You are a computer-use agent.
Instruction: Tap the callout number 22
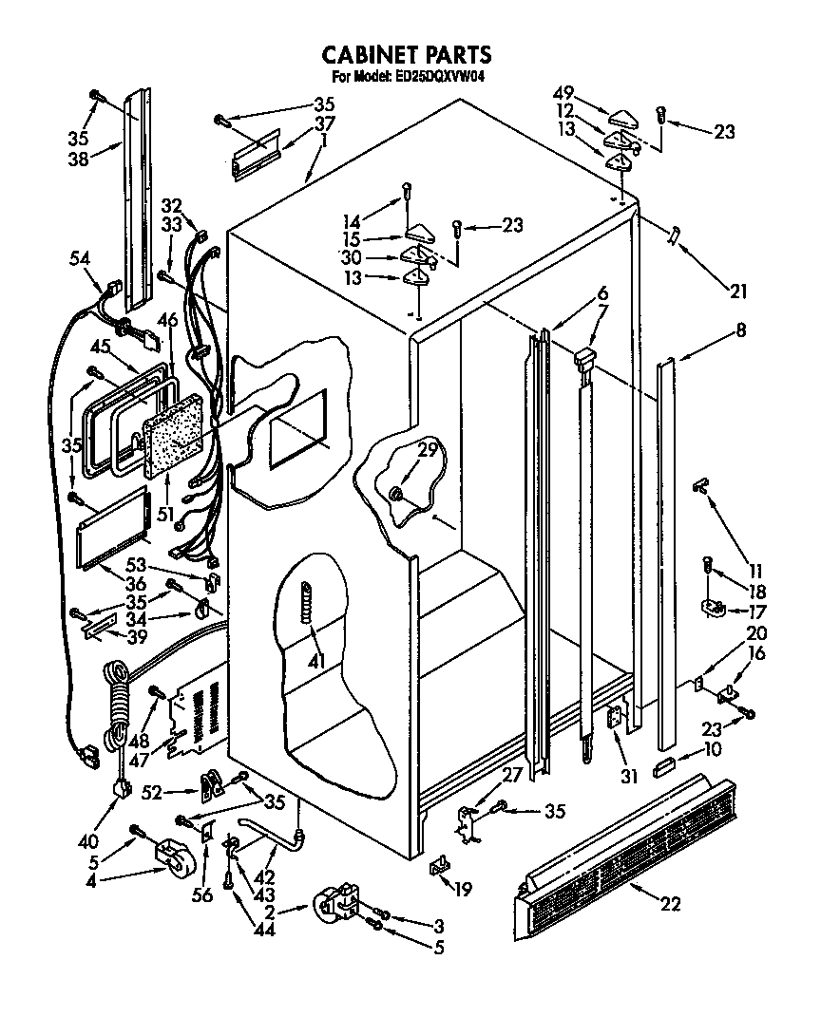click(670, 903)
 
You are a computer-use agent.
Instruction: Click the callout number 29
click(428, 450)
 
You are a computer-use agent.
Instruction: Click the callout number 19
click(462, 890)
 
